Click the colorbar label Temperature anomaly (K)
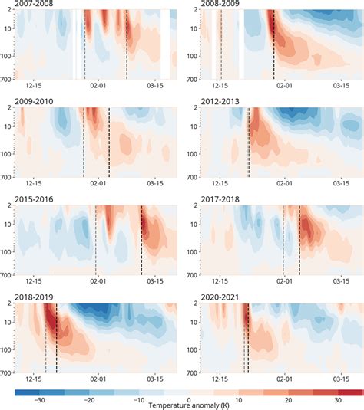pyautogui.click(x=189, y=405)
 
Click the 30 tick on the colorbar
pyautogui.click(x=337, y=400)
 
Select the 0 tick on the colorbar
pyautogui.click(x=189, y=400)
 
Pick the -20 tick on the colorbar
pyautogui.click(x=89, y=400)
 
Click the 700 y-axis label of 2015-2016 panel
pyautogui.click(x=7, y=274)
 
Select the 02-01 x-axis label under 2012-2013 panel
pyautogui.click(x=285, y=184)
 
